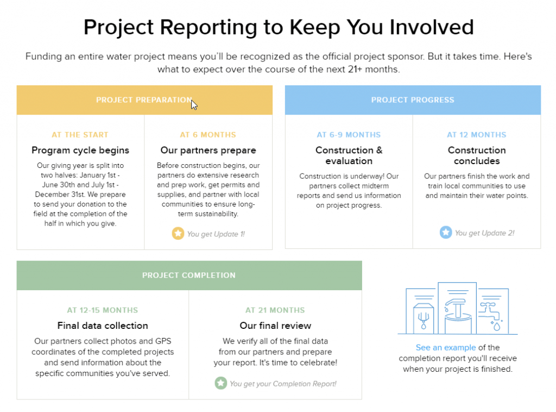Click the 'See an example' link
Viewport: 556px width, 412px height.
[x=446, y=347]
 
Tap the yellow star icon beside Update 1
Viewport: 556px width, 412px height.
[x=178, y=233]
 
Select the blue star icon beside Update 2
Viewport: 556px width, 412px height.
[x=446, y=232]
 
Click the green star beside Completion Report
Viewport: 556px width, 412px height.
[x=220, y=383]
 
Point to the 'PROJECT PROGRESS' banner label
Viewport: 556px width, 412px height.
[x=413, y=100]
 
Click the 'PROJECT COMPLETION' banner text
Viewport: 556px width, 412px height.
[x=188, y=276]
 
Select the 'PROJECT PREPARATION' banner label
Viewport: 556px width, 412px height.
[x=144, y=100]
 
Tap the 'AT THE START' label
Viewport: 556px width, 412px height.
[x=80, y=135]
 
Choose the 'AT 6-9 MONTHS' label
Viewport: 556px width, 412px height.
[x=349, y=135]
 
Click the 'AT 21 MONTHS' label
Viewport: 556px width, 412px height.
[x=275, y=310]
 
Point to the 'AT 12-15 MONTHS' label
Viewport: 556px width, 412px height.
[x=103, y=310]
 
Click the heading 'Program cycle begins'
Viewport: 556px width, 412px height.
[x=80, y=151]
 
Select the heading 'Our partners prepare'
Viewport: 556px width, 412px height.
[x=208, y=151]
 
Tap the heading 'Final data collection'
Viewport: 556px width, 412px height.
[x=103, y=326]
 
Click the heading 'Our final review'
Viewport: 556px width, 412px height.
[x=275, y=326]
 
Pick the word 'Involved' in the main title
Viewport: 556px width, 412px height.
[x=432, y=27]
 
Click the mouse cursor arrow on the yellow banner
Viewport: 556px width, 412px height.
[x=194, y=105]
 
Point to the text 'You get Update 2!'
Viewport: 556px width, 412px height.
[x=484, y=233]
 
